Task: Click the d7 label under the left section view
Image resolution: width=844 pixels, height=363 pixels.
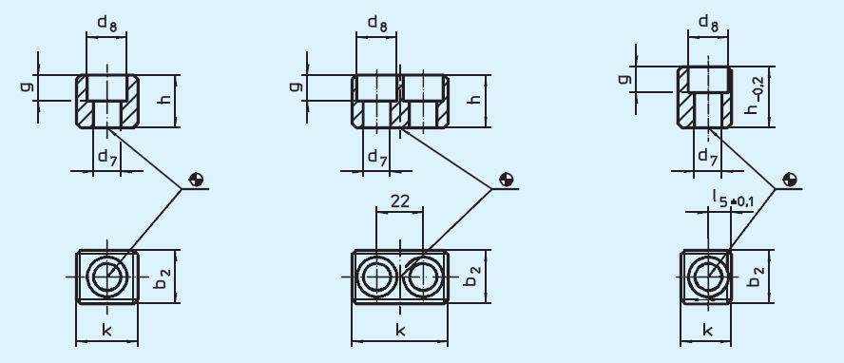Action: pyautogui.click(x=106, y=158)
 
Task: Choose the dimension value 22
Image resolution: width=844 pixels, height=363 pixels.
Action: pyautogui.click(x=400, y=201)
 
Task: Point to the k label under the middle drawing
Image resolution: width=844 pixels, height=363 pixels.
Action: pyautogui.click(x=399, y=331)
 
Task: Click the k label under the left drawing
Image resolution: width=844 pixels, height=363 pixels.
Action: pyautogui.click(x=106, y=331)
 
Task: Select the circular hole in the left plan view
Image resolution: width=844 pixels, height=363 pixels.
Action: pyautogui.click(x=106, y=277)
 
